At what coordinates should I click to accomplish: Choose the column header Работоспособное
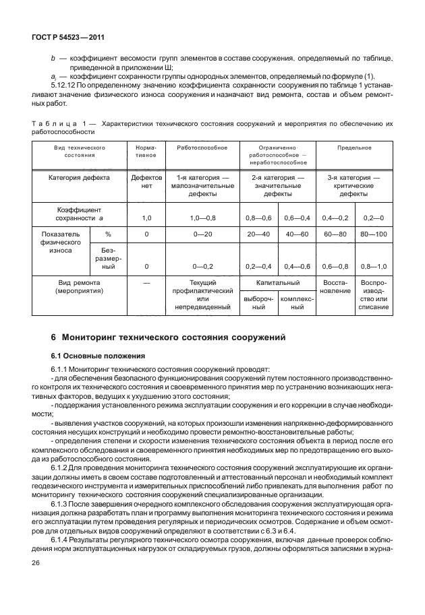coord(201,147)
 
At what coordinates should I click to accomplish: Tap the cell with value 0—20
coord(201,234)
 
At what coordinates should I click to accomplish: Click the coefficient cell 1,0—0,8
coord(201,218)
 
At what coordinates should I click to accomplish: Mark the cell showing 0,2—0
coord(374,218)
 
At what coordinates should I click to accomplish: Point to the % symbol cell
coord(107,234)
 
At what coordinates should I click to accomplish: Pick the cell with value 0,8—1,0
coord(374,266)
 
